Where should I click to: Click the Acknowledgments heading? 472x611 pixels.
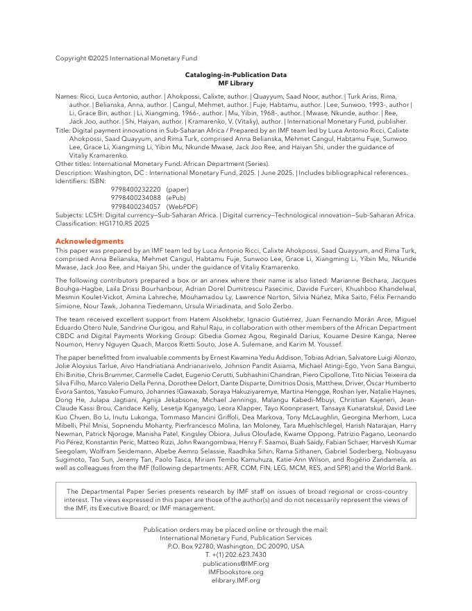[x=90, y=241]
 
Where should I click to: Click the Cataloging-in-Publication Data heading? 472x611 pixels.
[x=235, y=75]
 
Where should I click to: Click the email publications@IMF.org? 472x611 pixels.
[x=235, y=564]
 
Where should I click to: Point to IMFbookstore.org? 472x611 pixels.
[x=235, y=572]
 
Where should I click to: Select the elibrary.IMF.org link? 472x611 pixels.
[x=235, y=580]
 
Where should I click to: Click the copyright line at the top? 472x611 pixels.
[x=126, y=58]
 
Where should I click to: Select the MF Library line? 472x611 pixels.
[x=235, y=83]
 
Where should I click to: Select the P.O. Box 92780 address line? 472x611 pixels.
[x=235, y=546]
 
